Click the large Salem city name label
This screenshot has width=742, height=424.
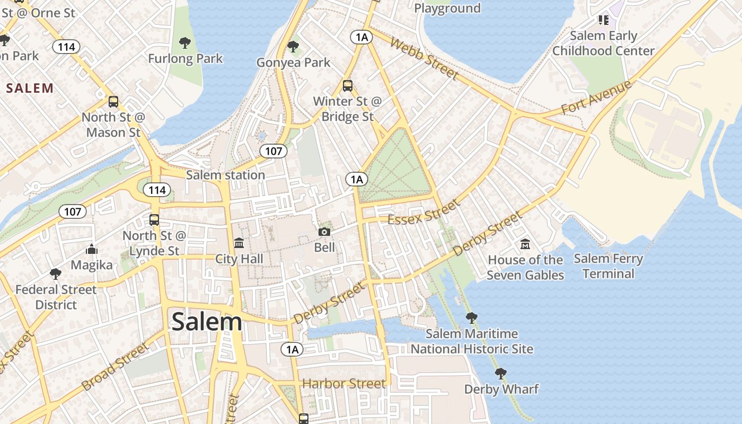207,322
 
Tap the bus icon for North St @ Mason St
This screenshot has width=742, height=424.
113,102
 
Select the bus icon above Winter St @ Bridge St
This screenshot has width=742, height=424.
348,85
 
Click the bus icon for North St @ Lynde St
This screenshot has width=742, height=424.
154,219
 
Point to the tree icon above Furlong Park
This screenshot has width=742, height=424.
184,43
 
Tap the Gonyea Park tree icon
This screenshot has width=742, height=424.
293,47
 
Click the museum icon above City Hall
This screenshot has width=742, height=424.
239,243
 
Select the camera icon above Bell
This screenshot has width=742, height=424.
324,232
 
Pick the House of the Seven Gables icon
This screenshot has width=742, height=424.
525,244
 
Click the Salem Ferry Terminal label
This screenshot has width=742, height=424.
608,266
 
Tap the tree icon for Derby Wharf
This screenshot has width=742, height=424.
500,374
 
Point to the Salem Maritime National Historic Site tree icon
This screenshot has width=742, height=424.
471,318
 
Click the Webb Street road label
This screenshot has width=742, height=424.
423,58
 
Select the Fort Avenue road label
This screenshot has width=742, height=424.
596,97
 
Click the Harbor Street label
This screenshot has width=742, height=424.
344,383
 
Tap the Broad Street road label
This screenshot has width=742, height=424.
116,366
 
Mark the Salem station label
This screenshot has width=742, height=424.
225,175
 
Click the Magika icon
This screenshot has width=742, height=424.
92,249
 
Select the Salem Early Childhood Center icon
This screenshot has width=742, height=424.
603,20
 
